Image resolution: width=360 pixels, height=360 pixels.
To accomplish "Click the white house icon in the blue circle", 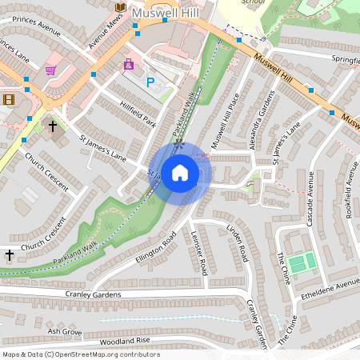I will click(x=180, y=171).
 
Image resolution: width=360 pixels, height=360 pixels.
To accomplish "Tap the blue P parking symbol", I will click(x=150, y=82).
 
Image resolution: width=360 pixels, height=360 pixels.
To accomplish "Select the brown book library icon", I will click(x=120, y=7).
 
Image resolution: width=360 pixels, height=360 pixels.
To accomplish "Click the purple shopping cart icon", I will click(x=51, y=70).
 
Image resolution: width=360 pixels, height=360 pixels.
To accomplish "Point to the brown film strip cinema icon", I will click(x=9, y=99).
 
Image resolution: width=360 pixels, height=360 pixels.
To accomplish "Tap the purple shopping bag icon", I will click(x=128, y=64).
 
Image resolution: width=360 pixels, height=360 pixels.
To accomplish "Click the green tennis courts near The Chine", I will click(x=300, y=263).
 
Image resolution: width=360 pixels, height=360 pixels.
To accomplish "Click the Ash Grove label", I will click(x=65, y=330).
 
